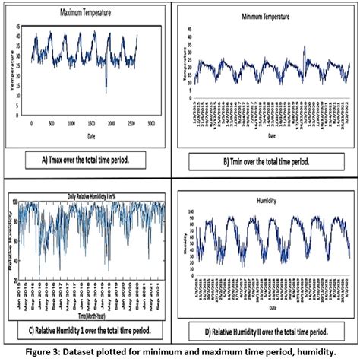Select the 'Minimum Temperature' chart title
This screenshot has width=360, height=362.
point(265,16)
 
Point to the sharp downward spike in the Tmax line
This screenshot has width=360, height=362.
point(106,90)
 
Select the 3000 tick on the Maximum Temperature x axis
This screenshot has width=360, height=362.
point(151,122)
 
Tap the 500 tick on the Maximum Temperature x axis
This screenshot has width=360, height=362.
point(51,122)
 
